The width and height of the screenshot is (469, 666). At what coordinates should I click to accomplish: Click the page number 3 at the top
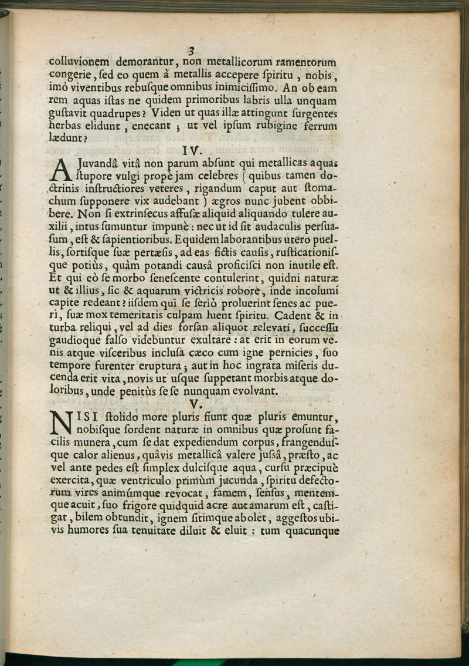[x=191, y=49]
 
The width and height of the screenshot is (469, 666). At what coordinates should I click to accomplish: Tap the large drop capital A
[x=60, y=171]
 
